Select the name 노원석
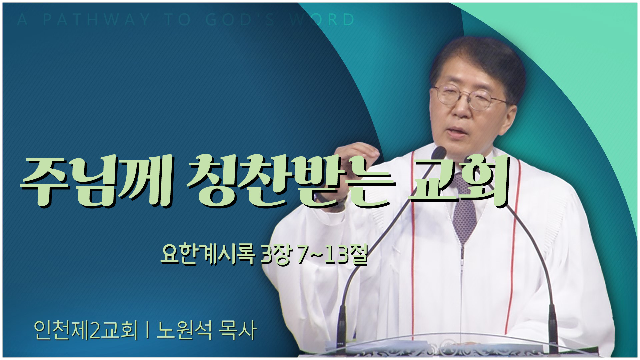pyautogui.click(x=185, y=330)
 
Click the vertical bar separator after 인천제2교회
pyautogui.click(x=147, y=331)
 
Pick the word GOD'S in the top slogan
pyautogui.click(x=240, y=20)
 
